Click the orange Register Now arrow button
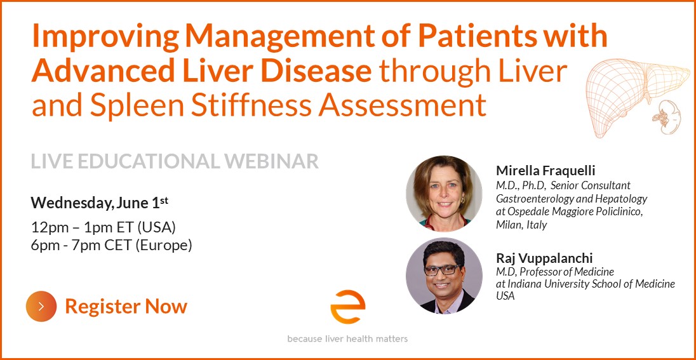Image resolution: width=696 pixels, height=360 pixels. [41, 306]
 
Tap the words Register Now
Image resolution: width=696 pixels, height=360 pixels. [126, 306]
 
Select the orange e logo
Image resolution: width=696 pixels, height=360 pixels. [347, 307]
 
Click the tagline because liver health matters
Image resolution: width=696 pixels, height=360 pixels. [347, 339]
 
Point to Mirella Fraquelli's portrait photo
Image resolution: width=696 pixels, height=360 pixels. [444, 194]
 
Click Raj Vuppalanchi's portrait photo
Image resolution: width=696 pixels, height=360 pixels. [444, 276]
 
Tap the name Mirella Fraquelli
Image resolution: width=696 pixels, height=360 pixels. [545, 170]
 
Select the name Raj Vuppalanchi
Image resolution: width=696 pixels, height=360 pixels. [544, 258]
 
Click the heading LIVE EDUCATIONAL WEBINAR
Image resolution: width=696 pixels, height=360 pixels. [175, 161]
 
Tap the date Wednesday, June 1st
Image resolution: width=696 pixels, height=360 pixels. [100, 203]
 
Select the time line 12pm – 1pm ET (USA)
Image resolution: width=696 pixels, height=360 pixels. [104, 227]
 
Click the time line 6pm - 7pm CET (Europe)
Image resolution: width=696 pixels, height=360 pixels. [111, 245]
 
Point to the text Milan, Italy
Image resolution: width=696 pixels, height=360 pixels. [521, 225]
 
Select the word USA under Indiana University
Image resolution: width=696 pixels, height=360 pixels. [505, 296]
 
